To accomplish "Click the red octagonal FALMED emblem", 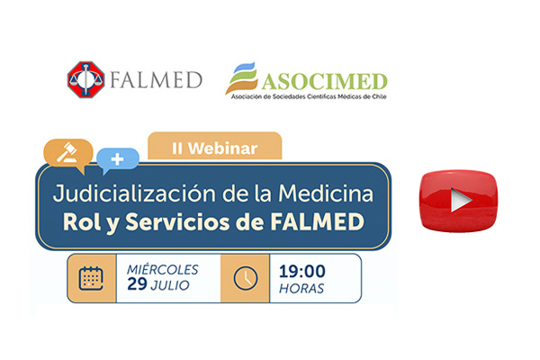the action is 85,79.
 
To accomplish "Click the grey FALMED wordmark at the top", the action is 156,80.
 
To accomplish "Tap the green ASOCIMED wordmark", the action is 324,82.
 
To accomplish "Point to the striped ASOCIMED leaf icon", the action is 241,78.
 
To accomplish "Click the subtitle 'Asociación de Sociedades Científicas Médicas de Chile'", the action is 309,97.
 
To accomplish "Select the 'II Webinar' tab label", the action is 214,148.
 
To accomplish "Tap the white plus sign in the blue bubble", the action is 117,159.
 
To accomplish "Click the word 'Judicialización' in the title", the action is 134,194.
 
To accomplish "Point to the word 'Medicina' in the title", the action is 326,193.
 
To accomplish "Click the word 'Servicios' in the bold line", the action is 177,221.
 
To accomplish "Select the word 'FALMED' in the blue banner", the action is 317,221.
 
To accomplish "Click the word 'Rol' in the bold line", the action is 82,222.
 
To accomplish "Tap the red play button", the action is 458,201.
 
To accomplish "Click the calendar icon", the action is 91,278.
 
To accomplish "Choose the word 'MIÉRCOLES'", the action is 163,269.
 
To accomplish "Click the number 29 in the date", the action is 137,284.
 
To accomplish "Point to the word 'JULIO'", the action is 170,285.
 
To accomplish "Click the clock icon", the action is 246,278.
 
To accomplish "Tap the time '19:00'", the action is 302,272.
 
